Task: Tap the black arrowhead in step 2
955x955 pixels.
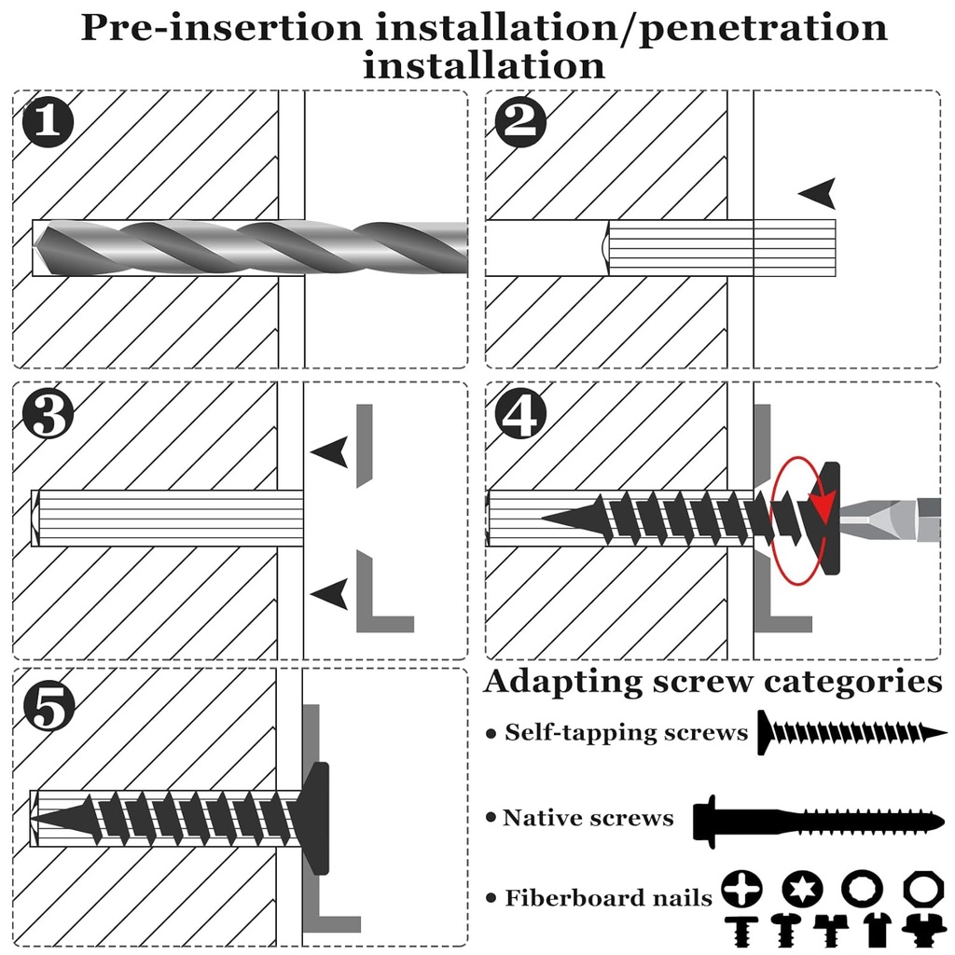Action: [x=819, y=194]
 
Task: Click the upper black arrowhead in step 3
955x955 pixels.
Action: [x=330, y=452]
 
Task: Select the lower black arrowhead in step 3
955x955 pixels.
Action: [x=330, y=591]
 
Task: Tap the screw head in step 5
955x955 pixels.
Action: [x=317, y=818]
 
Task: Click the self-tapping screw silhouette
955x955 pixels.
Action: [x=849, y=733]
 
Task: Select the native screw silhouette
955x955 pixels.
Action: [x=817, y=820]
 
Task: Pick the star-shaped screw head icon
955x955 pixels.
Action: [x=799, y=890]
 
